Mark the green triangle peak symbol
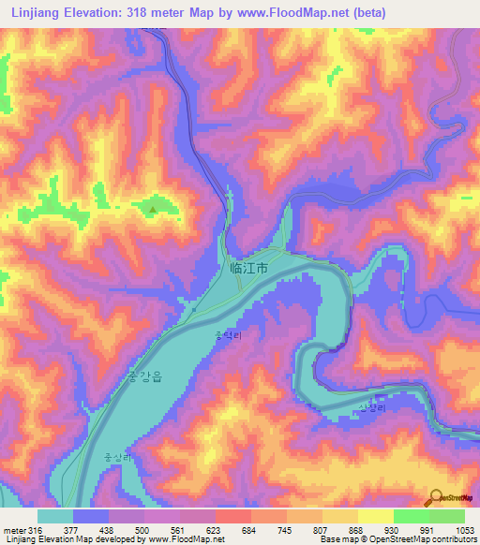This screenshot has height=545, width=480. (x=152, y=209)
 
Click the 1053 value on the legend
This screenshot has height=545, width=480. (x=465, y=529)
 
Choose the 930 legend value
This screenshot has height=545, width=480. (x=394, y=529)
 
